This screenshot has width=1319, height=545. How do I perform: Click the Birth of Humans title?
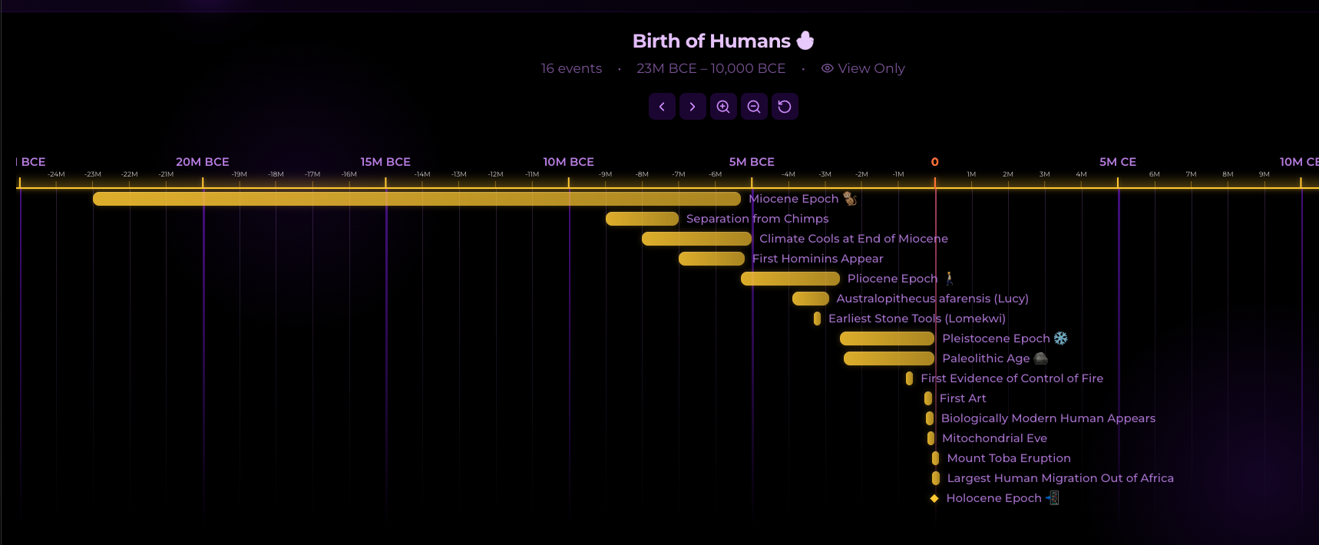pos(711,41)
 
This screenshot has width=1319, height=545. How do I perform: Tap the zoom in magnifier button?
pos(723,107)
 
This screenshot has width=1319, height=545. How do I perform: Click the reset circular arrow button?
pos(785,107)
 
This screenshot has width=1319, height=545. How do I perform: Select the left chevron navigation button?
pos(662,107)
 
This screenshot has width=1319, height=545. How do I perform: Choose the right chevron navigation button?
pos(693,107)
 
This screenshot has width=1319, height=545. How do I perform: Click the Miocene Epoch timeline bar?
pos(416,199)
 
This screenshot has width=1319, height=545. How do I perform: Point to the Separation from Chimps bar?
pos(642,219)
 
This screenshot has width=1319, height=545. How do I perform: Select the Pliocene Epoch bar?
pos(790,279)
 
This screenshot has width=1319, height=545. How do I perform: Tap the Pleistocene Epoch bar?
pos(887,339)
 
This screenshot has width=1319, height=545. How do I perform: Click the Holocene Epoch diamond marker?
pos(934,498)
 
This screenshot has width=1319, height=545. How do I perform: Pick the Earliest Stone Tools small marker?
pos(817,319)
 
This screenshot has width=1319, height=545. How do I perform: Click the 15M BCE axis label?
pos(385,162)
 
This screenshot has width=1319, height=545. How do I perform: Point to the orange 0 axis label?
pos(934,162)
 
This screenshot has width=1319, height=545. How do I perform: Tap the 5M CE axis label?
pos(1117,162)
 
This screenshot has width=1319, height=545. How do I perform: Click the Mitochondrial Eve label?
pos(994,438)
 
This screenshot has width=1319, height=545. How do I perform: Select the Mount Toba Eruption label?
pos(1008,458)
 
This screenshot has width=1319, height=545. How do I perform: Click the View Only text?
pos(871,68)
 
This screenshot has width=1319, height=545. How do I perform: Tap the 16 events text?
pos(571,68)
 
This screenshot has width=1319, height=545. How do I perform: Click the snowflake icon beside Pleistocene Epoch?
pos(1060,339)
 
